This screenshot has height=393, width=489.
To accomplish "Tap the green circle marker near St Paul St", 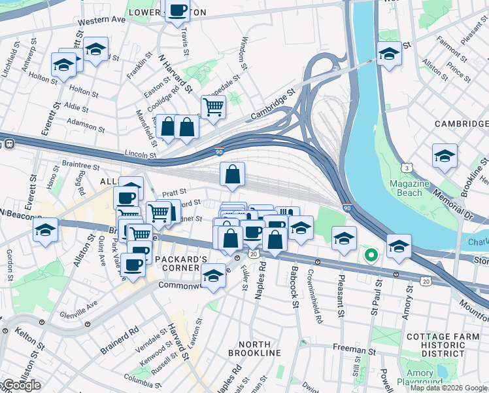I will [x=371, y=255].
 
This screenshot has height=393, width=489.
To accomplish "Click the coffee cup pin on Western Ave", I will [x=178, y=10].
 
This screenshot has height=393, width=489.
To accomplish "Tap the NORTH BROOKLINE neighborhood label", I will [x=254, y=348].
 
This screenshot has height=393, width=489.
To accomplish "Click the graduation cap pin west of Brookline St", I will [x=445, y=157].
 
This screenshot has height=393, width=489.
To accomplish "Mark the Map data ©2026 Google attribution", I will [x=448, y=388].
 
